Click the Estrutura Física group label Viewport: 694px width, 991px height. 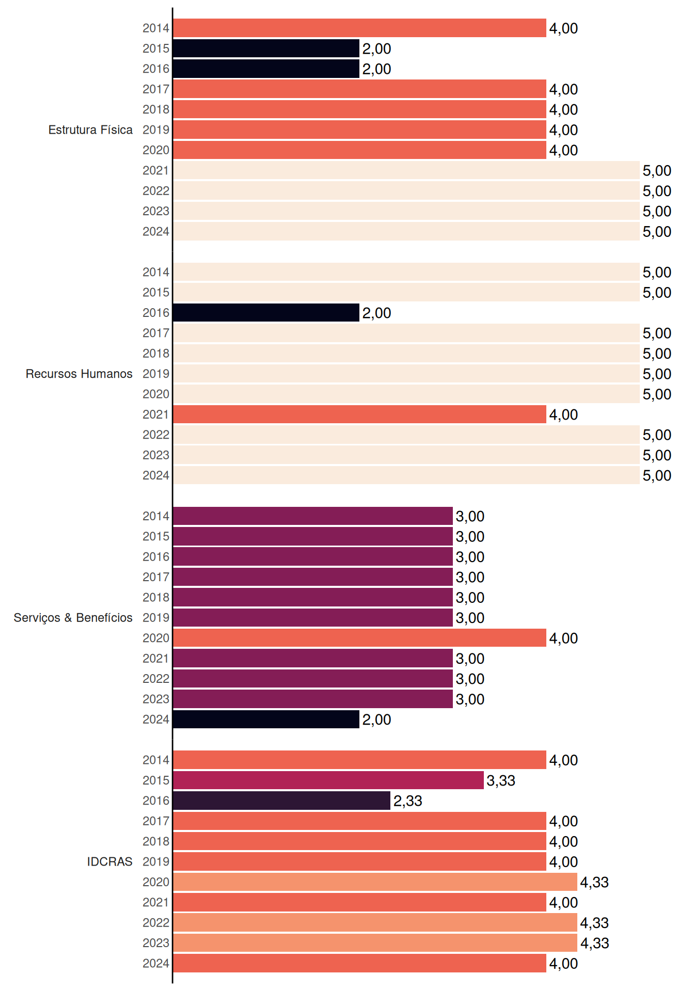click(x=90, y=130)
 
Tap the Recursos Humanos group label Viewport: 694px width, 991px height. click(x=79, y=374)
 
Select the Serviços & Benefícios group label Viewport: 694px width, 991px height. click(x=73, y=617)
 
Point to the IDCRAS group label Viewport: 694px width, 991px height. click(x=109, y=861)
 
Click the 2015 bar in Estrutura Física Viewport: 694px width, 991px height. click(x=266, y=49)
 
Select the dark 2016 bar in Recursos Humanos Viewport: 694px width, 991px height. click(x=266, y=313)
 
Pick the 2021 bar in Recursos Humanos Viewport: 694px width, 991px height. click(x=359, y=414)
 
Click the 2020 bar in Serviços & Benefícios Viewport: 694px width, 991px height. click(x=359, y=638)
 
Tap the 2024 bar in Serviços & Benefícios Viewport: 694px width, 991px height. click(x=266, y=719)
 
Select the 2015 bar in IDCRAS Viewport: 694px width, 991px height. click(x=328, y=780)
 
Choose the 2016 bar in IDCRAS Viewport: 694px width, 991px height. click(x=281, y=801)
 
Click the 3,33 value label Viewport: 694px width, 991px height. click(x=501, y=780)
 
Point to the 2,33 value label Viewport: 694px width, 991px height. click(x=408, y=801)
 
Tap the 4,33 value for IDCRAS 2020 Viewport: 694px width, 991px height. click(x=594, y=882)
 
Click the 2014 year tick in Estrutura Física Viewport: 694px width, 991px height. click(x=156, y=28)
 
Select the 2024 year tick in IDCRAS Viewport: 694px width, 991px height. click(x=156, y=963)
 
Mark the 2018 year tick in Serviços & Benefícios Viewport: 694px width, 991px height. click(x=156, y=597)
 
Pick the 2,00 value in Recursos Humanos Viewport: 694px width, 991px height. click(x=376, y=313)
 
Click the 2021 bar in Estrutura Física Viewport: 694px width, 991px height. click(x=406, y=170)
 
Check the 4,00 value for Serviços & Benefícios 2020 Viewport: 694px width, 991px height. click(x=563, y=638)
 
